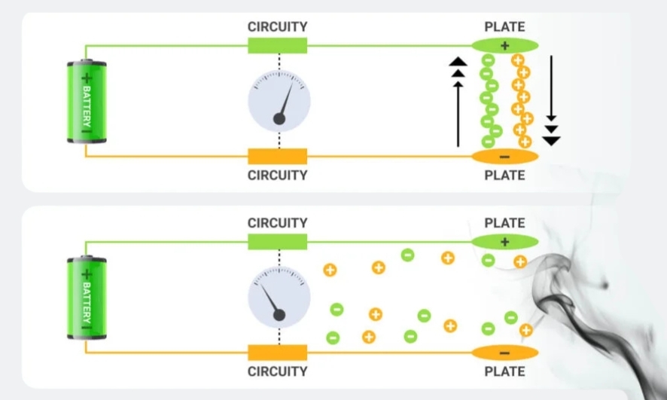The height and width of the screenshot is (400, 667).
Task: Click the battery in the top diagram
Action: [86, 102]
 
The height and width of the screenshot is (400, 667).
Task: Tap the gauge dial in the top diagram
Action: [279, 102]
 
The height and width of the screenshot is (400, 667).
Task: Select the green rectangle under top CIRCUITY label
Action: [278, 45]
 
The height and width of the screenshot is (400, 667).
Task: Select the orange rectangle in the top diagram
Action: [278, 157]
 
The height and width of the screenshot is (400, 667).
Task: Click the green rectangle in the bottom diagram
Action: [278, 241]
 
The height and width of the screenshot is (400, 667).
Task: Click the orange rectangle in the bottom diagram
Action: [278, 353]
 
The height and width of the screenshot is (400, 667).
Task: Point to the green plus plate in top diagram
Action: [504, 44]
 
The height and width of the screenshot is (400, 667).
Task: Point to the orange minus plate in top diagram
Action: [504, 157]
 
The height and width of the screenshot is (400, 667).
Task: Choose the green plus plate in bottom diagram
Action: [504, 241]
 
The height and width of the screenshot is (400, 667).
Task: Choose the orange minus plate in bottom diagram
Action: [504, 353]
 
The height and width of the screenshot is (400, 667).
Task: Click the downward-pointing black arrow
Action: [552, 98]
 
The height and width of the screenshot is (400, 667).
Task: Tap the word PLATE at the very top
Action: [504, 26]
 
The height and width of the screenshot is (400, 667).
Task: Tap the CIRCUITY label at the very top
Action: [278, 26]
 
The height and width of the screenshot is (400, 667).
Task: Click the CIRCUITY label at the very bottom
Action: [278, 371]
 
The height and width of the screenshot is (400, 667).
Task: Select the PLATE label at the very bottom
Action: [504, 371]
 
